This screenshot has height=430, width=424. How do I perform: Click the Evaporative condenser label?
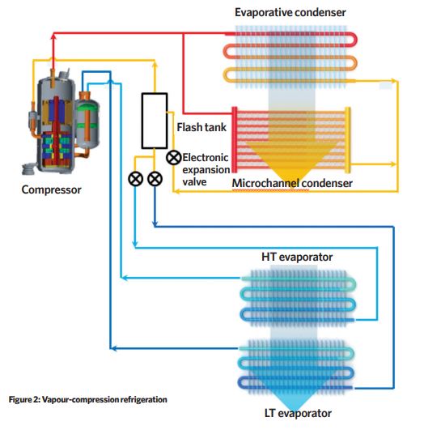[x=290, y=13]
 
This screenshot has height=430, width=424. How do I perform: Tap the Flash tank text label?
[x=201, y=127]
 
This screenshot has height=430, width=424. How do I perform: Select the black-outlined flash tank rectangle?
[x=155, y=121]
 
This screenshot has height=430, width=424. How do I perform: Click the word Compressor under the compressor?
[x=51, y=189]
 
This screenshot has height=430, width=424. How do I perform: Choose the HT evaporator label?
[x=297, y=257]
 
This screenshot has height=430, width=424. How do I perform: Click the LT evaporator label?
[x=299, y=413]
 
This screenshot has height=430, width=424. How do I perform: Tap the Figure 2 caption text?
[x=87, y=399]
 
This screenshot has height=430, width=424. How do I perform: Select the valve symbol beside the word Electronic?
[x=174, y=158]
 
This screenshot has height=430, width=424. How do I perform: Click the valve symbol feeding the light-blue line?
[x=135, y=179]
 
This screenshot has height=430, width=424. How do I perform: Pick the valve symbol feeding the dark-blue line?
[x=155, y=179]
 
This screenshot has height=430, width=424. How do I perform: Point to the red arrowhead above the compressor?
[x=53, y=36]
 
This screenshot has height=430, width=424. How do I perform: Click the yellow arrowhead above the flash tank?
[x=155, y=65]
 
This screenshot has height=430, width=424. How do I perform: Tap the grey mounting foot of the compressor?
[x=29, y=168]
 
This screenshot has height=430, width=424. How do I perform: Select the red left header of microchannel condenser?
[x=235, y=140]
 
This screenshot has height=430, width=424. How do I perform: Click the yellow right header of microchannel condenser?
[x=347, y=140]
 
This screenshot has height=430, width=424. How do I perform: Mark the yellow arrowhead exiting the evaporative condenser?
[x=394, y=81]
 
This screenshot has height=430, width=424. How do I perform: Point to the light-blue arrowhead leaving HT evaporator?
[x=124, y=278]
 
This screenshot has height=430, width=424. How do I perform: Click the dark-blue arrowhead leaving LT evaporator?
[x=113, y=348]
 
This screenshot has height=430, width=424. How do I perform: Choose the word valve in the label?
[x=194, y=182]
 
